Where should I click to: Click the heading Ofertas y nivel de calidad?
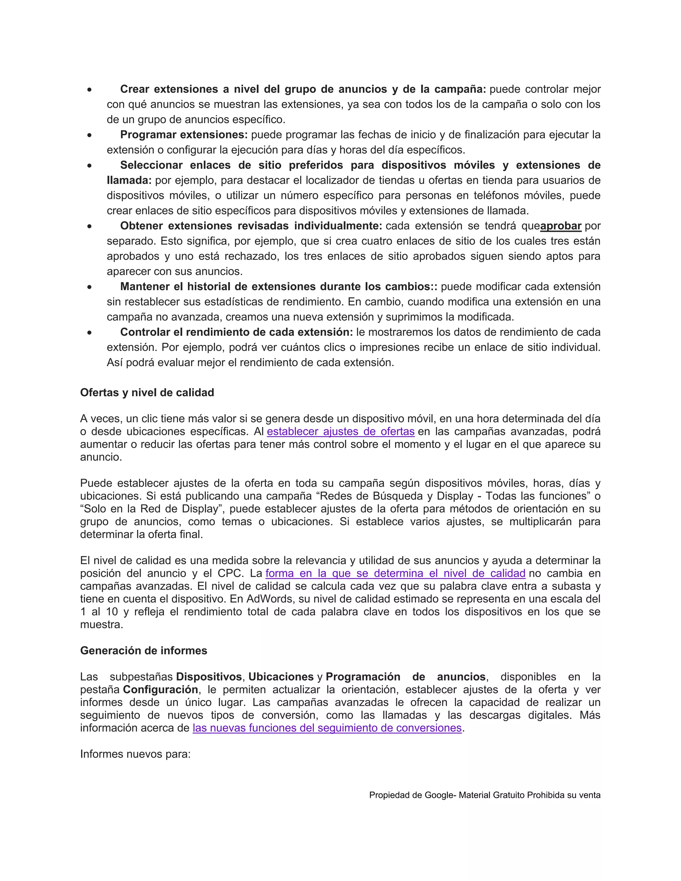[x=147, y=393]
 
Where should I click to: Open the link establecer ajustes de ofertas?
[x=340, y=431]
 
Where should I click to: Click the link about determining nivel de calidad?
[x=395, y=573]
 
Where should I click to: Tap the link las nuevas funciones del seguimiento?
[x=327, y=728]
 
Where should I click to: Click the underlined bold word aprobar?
[x=560, y=226]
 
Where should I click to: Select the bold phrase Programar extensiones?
[x=184, y=134]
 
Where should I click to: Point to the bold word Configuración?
[x=160, y=690]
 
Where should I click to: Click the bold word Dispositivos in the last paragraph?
[x=208, y=677]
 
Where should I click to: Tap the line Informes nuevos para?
[x=135, y=754]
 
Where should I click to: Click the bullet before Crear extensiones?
[x=89, y=89]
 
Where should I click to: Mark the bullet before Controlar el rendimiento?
[x=89, y=333]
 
